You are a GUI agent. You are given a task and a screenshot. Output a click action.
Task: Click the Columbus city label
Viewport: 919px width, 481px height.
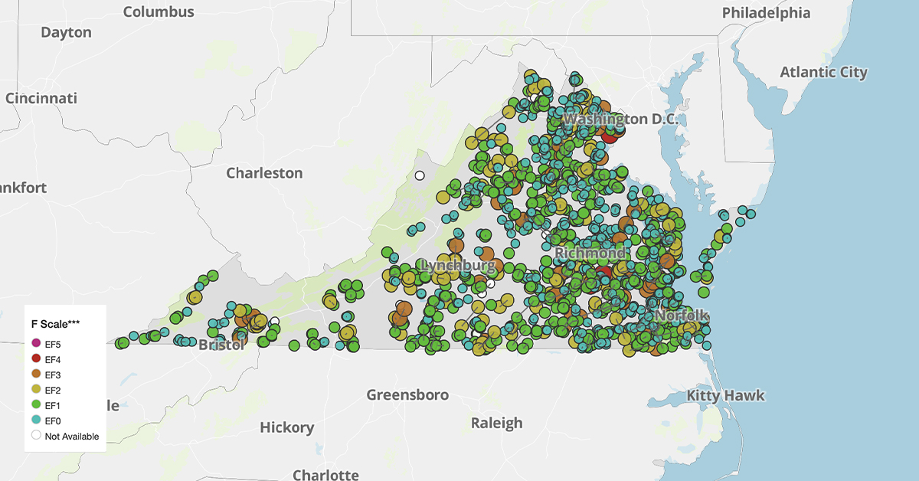(159, 11)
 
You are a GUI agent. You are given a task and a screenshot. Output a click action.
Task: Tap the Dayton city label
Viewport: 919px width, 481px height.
(66, 32)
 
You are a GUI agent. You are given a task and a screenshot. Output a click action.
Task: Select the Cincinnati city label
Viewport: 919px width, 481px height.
(41, 98)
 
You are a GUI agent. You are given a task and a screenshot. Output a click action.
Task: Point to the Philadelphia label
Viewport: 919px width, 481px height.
(766, 12)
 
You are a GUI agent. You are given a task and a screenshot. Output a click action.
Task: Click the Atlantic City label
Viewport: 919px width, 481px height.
(823, 72)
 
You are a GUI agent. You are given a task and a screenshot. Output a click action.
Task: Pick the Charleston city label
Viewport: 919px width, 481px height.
(264, 173)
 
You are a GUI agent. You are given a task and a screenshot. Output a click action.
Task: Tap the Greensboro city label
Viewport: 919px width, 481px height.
(407, 395)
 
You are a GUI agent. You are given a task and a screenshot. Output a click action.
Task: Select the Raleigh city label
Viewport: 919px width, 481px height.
(496, 423)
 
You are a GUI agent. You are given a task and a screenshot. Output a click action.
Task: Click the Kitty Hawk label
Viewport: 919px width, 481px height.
(724, 395)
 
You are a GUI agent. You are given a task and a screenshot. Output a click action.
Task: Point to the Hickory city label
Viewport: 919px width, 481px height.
(286, 427)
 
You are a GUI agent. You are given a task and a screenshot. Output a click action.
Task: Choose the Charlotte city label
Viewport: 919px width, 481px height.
(325, 474)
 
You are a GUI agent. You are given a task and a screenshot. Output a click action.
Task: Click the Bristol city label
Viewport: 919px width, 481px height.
(221, 345)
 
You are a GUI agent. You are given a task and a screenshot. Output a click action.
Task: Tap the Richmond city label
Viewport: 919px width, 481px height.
(590, 253)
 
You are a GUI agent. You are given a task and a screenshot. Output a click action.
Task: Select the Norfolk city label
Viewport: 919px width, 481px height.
(682, 316)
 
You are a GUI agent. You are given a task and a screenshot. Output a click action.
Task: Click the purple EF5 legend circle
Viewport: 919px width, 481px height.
(36, 343)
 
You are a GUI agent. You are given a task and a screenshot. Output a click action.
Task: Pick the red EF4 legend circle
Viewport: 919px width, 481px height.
(36, 359)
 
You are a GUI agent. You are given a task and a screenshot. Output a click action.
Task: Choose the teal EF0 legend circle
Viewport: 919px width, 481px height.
(36, 420)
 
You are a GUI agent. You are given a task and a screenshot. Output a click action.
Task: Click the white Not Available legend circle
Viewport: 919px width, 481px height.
(36, 436)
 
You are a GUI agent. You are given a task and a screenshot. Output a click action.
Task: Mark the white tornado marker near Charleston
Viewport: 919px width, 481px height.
(420, 175)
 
